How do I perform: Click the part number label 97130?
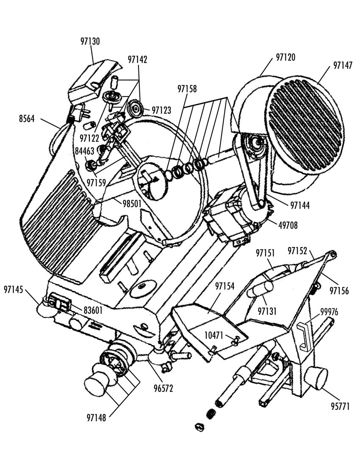(90, 42)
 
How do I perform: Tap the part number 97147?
(343, 65)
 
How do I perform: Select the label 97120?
(285, 57)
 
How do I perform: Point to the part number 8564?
(27, 119)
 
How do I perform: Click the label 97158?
(187, 89)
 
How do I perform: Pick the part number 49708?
(288, 225)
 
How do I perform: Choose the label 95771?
(341, 406)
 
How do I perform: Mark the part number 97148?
(96, 418)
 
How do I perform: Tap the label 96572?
(163, 388)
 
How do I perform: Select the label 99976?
(329, 312)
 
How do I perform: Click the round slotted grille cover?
(305, 125)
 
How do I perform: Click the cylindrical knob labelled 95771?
(316, 378)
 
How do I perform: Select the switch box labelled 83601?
(59, 302)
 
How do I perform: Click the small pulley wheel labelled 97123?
(135, 109)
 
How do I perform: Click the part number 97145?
(14, 289)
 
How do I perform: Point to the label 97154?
(225, 286)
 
